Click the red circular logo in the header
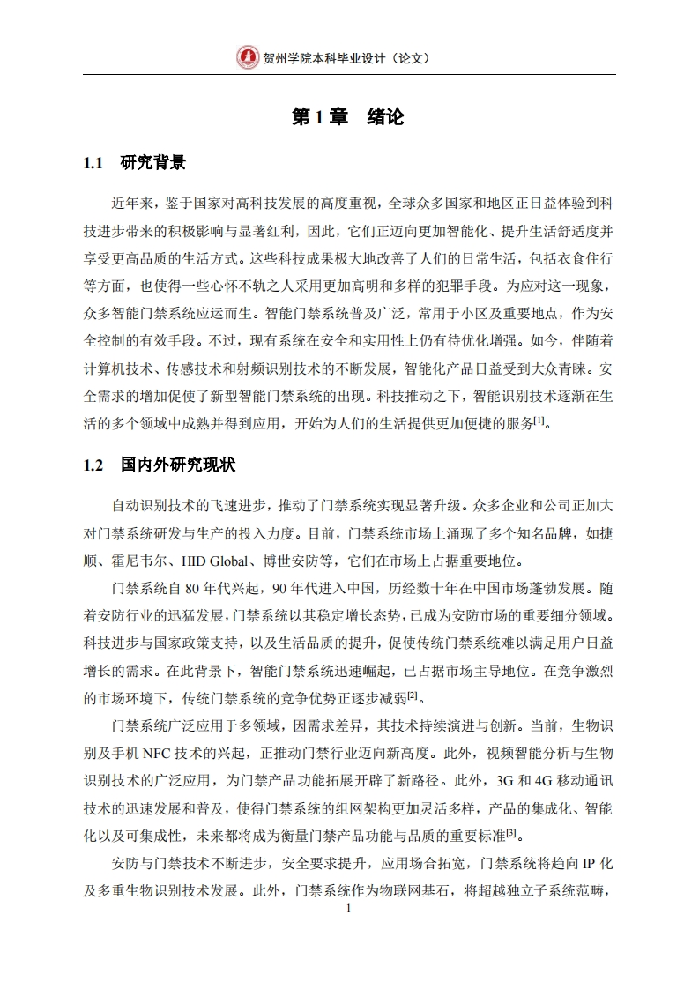tap(248, 57)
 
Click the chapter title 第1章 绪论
tap(348, 118)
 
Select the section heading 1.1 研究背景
tap(134, 163)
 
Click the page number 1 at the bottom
tap(350, 908)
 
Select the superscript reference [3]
tap(510, 833)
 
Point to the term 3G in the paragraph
tap(505, 782)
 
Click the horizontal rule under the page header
tap(350, 74)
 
